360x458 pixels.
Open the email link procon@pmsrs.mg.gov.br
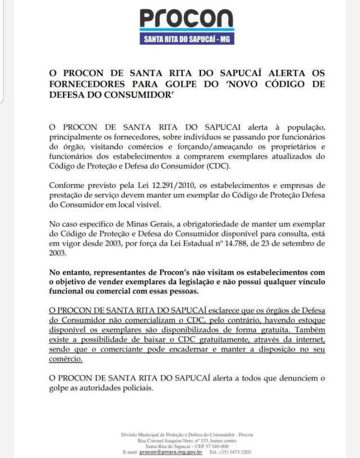click(171, 452)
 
